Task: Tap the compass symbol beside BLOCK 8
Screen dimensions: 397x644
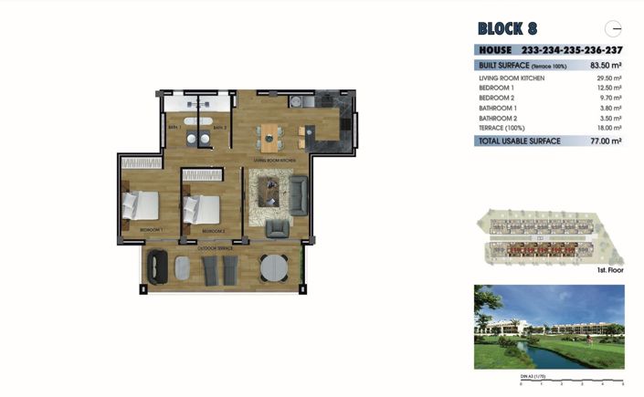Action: click(615, 27)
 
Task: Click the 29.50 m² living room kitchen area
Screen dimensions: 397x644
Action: click(607, 79)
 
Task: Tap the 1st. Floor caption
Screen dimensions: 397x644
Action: click(609, 271)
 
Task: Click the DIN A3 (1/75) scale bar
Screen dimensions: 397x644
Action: click(571, 381)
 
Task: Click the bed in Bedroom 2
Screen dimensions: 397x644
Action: click(204, 210)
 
